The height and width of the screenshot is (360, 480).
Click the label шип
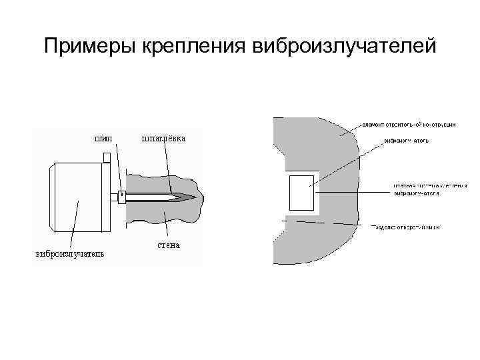tap(103, 139)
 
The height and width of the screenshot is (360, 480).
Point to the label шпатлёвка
tap(163, 139)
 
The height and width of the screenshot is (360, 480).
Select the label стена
tap(169, 245)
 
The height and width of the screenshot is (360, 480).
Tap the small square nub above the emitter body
tap(107, 157)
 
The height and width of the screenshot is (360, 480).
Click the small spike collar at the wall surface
tap(121, 196)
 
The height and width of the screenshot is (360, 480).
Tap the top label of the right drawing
tap(409, 125)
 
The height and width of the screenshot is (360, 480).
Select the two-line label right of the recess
tap(424, 191)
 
